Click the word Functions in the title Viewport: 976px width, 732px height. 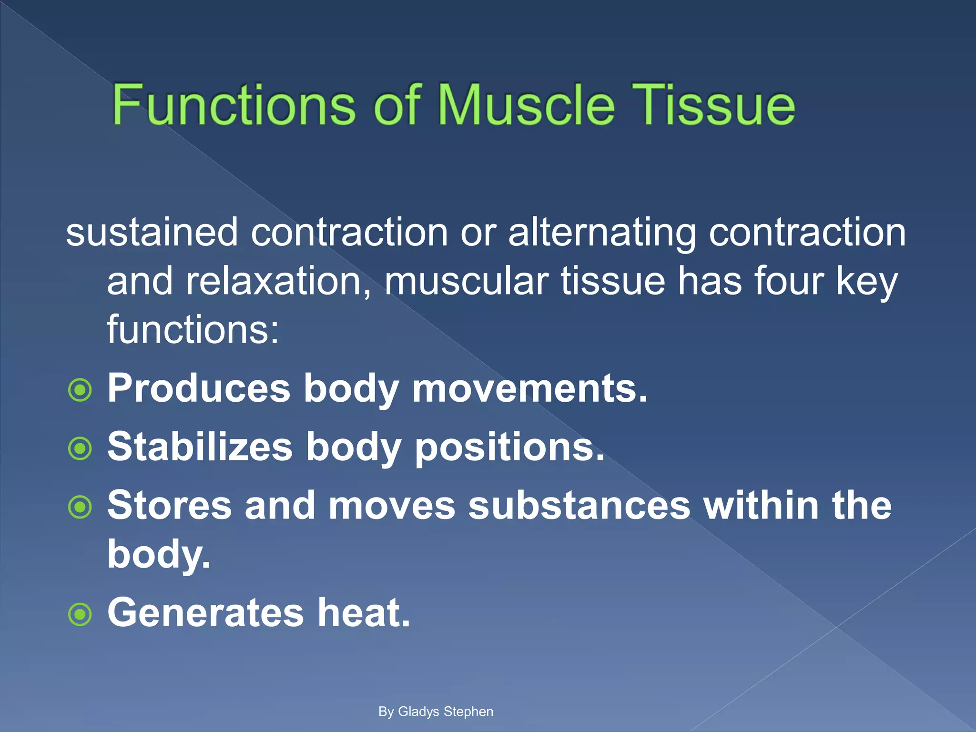[x=234, y=105]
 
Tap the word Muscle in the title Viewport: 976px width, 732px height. [x=526, y=105]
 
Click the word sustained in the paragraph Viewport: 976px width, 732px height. [x=152, y=232]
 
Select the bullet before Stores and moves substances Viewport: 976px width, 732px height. [x=80, y=507]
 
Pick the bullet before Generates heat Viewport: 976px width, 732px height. [x=80, y=614]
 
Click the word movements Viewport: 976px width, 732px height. [x=529, y=388]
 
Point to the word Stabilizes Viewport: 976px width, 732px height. [x=200, y=447]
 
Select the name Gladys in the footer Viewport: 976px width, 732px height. [x=418, y=712]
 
